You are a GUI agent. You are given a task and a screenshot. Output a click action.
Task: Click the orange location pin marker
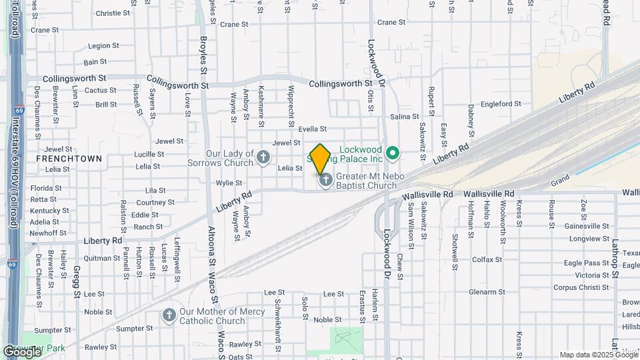coord(320,159)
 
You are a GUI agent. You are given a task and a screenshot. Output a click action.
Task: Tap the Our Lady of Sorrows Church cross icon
coord(264,157)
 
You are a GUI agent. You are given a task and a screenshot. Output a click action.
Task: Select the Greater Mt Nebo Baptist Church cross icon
coord(326,181)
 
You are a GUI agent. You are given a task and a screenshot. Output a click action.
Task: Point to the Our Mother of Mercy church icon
coord(169,315)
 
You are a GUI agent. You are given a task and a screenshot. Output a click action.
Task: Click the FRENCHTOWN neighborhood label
coord(69,159)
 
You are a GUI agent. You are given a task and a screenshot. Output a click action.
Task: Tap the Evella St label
coord(313,129)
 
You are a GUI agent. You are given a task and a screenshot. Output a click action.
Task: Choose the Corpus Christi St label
coord(581,287)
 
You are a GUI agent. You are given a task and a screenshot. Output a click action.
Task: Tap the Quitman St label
coord(102,258)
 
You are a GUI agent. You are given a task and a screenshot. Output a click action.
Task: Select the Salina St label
coord(405,117)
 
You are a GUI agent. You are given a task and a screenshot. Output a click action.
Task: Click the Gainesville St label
coord(587,226)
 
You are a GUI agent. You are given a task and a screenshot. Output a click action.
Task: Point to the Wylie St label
coord(228,183)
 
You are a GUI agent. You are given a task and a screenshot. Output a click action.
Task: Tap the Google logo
coord(21,351)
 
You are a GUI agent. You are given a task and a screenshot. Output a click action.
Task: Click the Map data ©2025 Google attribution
coord(598,355)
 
